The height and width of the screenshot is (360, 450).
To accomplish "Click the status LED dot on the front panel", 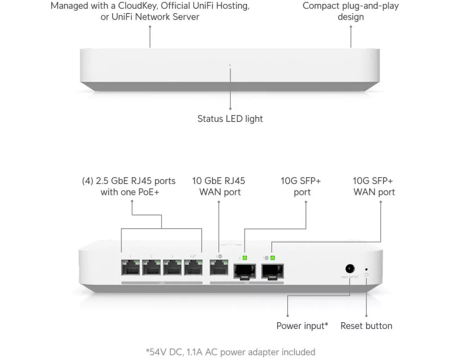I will [230, 65].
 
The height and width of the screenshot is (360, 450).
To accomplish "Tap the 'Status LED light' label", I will [230, 119].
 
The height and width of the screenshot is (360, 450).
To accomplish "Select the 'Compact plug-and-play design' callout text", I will [351, 11].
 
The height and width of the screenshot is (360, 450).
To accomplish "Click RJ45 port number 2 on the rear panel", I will [152, 269].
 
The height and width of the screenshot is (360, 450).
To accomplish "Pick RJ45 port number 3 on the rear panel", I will [172, 269].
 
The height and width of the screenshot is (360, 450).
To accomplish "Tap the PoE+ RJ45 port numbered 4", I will [193, 269].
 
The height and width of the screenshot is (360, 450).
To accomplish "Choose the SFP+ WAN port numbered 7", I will [273, 271].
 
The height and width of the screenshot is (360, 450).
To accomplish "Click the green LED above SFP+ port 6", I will [245, 258].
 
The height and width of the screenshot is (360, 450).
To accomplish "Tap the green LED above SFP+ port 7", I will [273, 258].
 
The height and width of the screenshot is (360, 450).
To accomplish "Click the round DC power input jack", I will [349, 269].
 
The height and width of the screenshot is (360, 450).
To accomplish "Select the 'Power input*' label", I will [302, 326].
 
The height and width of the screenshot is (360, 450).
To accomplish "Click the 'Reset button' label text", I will [366, 326].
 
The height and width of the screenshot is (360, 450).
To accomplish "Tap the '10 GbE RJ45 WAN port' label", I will [219, 186].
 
